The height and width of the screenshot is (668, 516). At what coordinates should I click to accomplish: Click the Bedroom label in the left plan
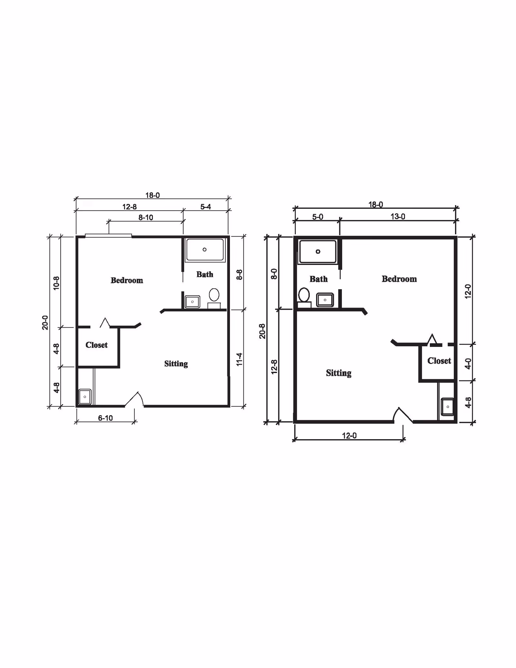point(127,280)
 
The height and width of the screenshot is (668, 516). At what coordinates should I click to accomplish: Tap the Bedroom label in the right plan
point(399,279)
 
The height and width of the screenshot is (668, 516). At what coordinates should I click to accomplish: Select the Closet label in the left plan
point(96,345)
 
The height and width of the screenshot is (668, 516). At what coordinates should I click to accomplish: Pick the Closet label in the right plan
point(439,360)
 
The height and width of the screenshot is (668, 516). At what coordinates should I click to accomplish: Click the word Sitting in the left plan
point(176,364)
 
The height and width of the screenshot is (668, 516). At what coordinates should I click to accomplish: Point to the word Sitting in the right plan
point(339,373)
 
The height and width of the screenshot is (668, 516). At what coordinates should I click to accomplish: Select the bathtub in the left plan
point(205,249)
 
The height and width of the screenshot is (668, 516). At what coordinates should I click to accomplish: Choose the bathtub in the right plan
point(318,252)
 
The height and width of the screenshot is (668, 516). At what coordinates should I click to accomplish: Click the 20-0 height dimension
point(45,322)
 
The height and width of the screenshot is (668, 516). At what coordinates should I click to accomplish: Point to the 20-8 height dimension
point(263,331)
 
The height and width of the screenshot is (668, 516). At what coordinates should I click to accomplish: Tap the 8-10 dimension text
point(146,218)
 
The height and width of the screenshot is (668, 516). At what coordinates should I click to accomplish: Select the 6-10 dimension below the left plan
point(105,418)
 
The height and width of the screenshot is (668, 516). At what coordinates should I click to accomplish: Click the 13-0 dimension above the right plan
point(398,217)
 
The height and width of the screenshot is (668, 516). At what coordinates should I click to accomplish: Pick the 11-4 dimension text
point(239,359)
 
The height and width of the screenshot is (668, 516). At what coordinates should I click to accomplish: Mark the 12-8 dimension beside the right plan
point(274,367)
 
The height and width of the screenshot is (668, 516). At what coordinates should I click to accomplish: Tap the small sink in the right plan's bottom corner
point(448,407)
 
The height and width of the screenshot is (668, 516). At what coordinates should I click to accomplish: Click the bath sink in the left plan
point(193,302)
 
